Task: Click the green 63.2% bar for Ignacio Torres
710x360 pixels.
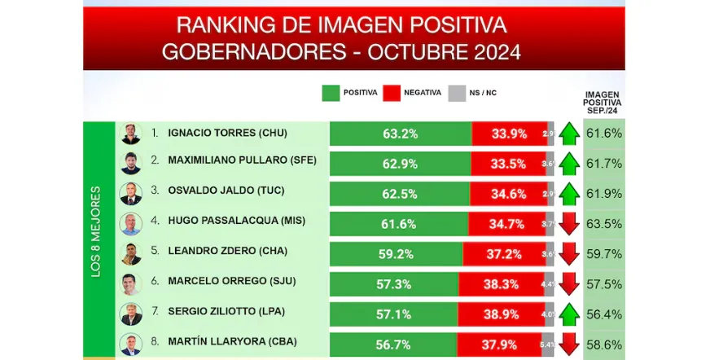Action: click(x=400, y=134)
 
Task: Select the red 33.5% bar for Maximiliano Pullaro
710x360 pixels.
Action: click(x=508, y=164)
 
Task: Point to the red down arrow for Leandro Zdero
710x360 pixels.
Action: click(x=569, y=254)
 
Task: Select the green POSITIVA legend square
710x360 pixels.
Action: click(x=331, y=93)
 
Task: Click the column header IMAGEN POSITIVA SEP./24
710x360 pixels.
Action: click(x=603, y=103)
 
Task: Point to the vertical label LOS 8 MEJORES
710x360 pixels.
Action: click(x=96, y=232)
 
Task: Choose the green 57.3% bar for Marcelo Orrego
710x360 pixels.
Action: click(x=394, y=284)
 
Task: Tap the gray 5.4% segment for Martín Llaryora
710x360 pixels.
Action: click(x=547, y=345)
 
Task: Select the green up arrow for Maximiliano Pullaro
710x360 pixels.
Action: click(x=569, y=164)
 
